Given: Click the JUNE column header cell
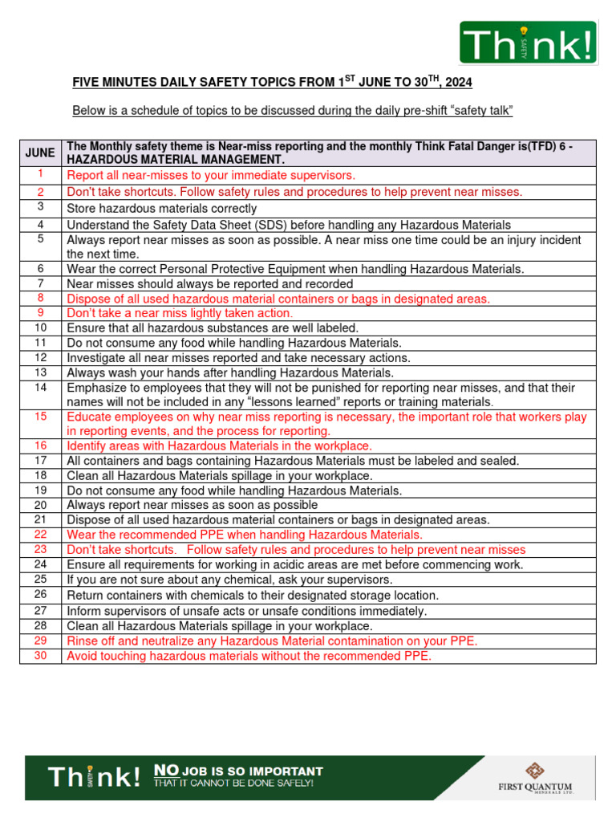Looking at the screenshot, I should pos(40,153).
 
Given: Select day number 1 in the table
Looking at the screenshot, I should pos(40,174).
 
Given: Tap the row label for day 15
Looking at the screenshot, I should pos(40,417).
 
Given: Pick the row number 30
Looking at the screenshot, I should pos(40,656).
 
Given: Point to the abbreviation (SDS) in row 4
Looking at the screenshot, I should pos(270,225).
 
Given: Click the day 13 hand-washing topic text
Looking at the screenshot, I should pos(230,372).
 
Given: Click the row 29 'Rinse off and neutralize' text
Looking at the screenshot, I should pos(272,641).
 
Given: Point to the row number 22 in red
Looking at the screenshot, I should pos(40,534).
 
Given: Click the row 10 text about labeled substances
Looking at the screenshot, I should pos(213,328).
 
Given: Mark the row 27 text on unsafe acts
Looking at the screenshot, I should pos(246,611).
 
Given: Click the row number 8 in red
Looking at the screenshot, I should pos(40,298).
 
